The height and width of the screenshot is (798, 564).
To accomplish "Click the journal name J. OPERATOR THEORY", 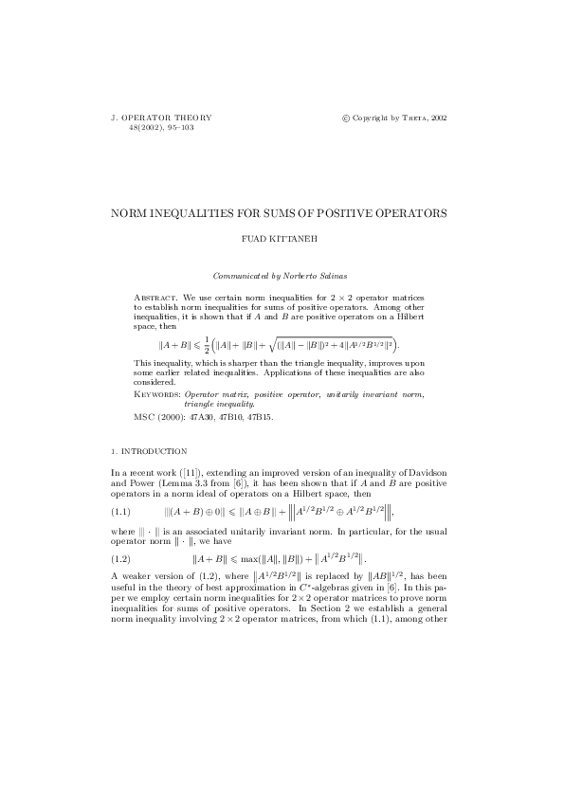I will click(x=161, y=118).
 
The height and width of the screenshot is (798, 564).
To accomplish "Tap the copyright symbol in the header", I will click(x=345, y=118).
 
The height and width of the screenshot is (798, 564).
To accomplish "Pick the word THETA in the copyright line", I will click(x=415, y=118).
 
